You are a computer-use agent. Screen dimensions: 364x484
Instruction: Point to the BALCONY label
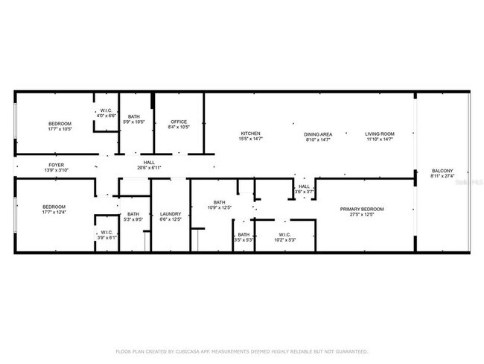[x=442, y=171]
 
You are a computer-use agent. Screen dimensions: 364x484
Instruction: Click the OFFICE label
[x=179, y=122]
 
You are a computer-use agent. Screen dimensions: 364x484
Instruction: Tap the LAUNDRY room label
[x=171, y=214]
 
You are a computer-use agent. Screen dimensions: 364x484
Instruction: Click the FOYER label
[x=57, y=164]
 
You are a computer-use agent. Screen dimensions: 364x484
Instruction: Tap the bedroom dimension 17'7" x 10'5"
[x=60, y=129]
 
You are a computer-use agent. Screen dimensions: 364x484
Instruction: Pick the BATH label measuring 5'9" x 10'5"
[x=134, y=116]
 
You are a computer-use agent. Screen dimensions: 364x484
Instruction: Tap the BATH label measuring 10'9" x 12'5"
[x=220, y=202]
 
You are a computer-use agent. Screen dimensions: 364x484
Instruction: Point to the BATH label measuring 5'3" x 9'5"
[x=133, y=214]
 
